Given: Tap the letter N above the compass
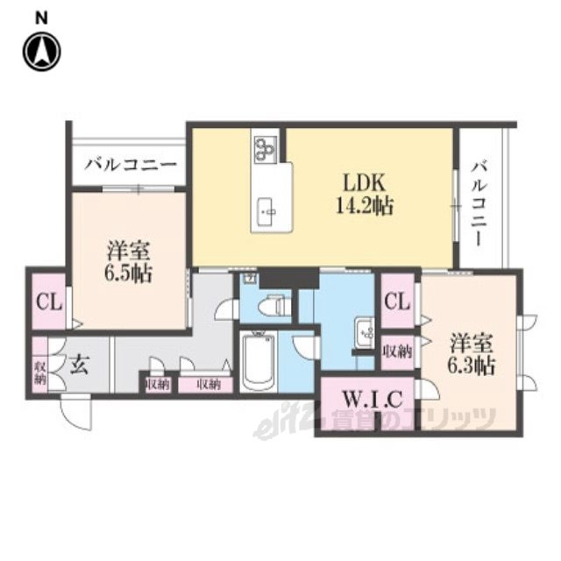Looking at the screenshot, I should click(40, 17).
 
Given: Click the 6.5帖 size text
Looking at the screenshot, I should click(128, 273).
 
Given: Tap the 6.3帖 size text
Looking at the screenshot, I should click(472, 364).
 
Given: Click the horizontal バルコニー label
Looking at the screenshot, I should click(131, 164).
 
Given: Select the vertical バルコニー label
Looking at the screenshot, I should click(479, 201).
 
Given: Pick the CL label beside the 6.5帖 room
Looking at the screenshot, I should click(47, 302).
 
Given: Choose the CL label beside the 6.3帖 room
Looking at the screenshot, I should click(397, 302).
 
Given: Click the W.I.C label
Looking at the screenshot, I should click(373, 401).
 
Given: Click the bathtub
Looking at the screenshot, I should click(260, 359).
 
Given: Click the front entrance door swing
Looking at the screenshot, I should click(76, 412).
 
